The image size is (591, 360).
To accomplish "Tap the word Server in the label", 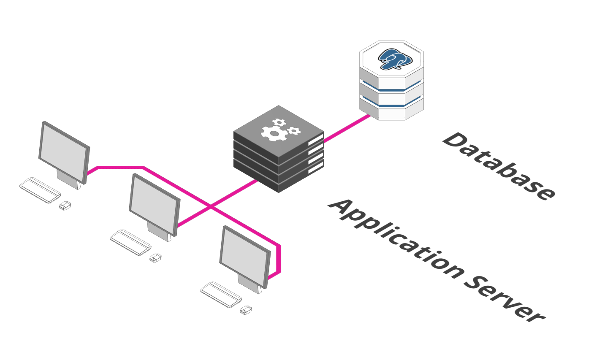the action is (504, 299).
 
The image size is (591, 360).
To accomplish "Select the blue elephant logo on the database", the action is (395, 59).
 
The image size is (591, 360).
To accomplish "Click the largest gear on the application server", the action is (274, 133).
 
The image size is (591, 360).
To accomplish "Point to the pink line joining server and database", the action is (347, 128).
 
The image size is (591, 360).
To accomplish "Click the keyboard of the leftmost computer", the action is (40, 190).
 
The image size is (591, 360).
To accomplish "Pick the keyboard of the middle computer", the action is (130, 242).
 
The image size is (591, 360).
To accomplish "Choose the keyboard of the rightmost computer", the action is (221, 295).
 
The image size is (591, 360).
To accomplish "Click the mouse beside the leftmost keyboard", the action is (65, 206).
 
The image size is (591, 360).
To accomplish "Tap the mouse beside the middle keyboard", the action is (155, 258).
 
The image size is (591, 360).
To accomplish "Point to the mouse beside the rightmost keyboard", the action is (246, 310).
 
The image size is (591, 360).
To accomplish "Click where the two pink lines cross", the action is (211, 206).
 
